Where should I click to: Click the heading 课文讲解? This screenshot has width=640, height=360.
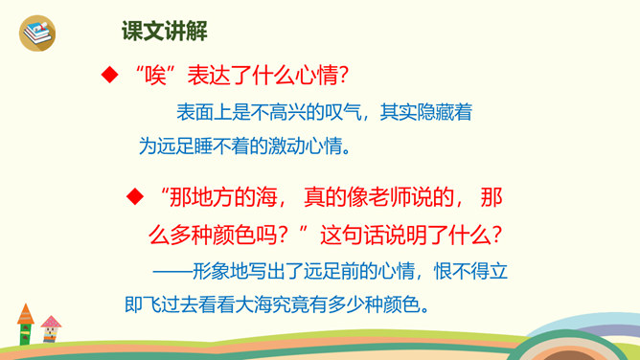[x=165, y=31]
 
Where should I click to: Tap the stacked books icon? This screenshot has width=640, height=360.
[x=37, y=34]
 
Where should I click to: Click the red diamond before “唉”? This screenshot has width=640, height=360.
[x=110, y=75]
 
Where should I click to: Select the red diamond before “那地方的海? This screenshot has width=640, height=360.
[x=135, y=196]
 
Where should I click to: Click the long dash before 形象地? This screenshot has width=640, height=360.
[x=172, y=271]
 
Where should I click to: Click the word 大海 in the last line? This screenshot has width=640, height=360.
[x=254, y=304]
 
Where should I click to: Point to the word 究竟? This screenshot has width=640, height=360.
[x=290, y=304]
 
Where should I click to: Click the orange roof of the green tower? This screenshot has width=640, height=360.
[x=25, y=314]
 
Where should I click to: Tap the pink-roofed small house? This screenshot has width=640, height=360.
[x=51, y=328]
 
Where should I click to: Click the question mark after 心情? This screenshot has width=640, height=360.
[x=343, y=76]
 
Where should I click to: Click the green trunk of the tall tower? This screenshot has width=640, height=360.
[x=25, y=334]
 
